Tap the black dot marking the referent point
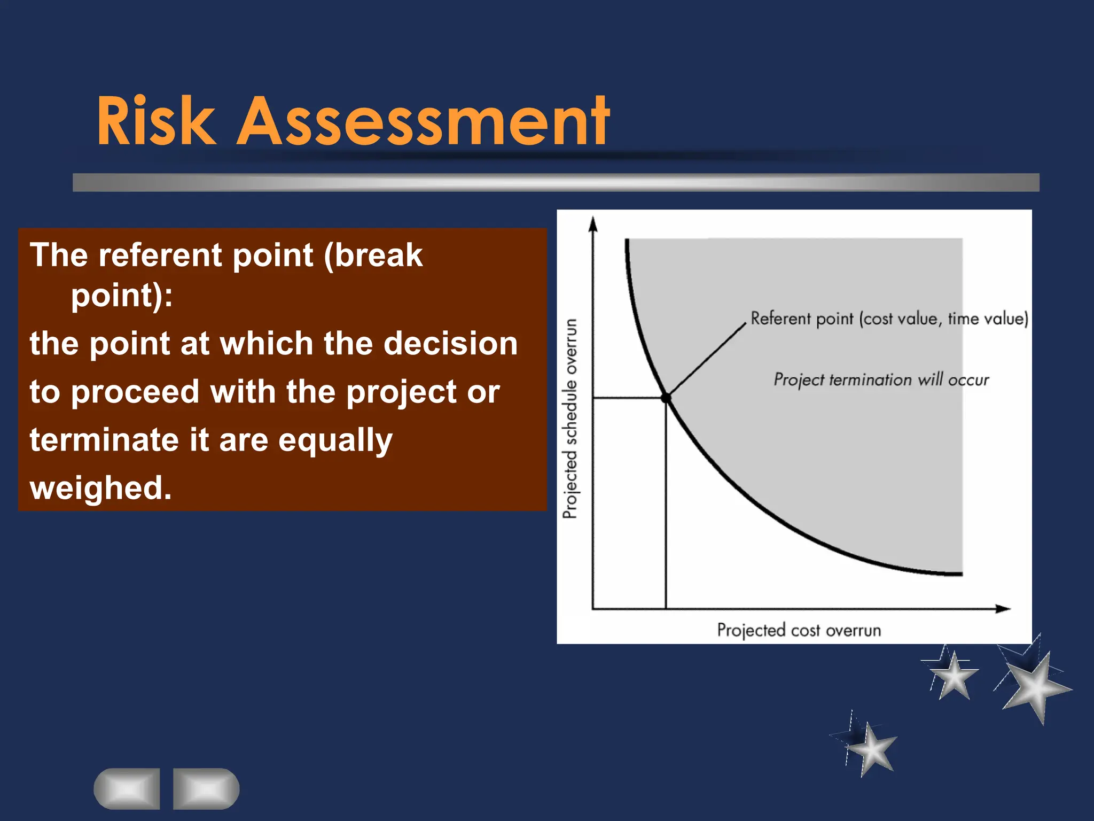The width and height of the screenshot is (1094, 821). [x=666, y=398]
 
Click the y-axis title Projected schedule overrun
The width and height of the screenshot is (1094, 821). [x=571, y=419]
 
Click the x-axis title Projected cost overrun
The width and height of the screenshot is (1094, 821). [x=799, y=630]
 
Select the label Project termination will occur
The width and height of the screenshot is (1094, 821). [x=881, y=379]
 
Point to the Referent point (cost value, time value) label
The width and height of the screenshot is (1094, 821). [x=889, y=319]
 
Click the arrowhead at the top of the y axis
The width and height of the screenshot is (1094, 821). [x=592, y=224]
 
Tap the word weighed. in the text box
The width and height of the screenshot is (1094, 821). [x=101, y=488]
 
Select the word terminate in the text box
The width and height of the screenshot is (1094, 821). [x=104, y=440]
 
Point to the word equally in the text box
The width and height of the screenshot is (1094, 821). [x=335, y=441]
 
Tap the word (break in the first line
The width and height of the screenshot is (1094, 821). [x=373, y=255]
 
